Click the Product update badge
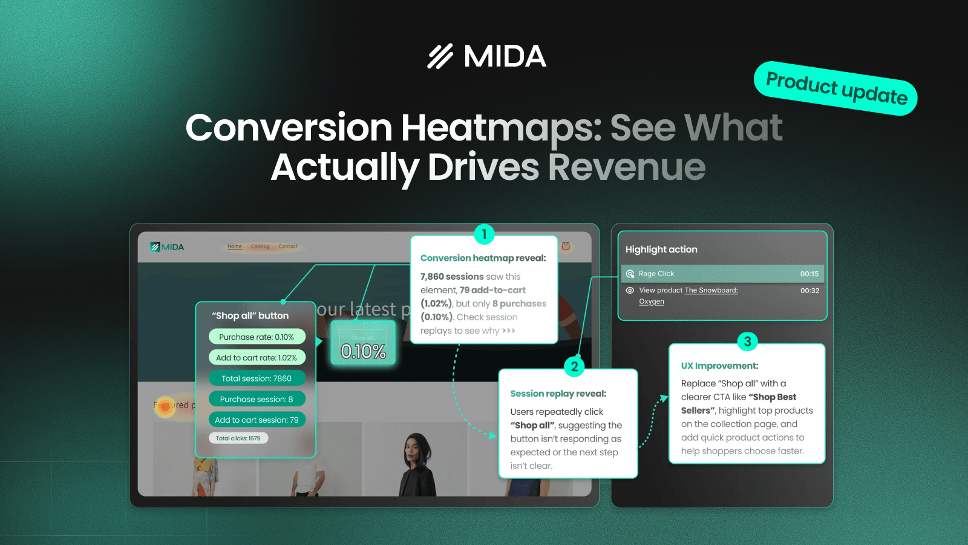836,88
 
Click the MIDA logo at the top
487,56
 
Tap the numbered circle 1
484,234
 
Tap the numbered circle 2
574,366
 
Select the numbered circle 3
747,342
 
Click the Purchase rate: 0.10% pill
257,337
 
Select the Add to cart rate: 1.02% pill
257,358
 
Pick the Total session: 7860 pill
257,378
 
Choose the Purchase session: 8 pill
257,399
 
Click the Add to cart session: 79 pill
257,420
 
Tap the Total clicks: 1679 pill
238,438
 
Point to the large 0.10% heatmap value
363,351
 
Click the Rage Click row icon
630,274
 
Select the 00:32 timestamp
809,291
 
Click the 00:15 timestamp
809,274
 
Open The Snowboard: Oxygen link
711,291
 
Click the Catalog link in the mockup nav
260,246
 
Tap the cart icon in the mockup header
566,246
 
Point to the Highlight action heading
661,249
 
